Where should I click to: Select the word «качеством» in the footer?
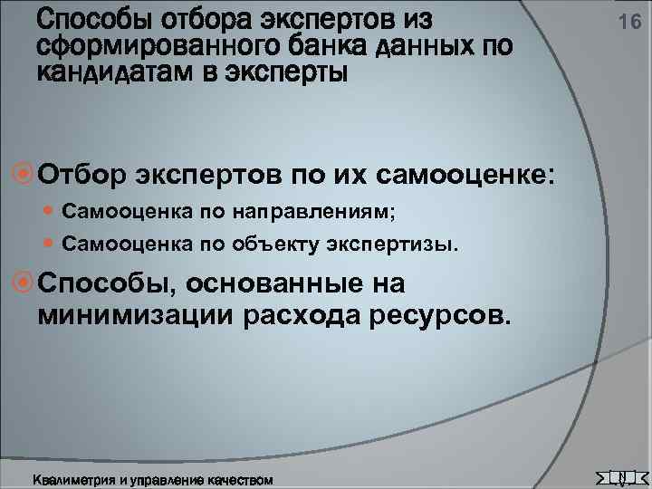point(240,477)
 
